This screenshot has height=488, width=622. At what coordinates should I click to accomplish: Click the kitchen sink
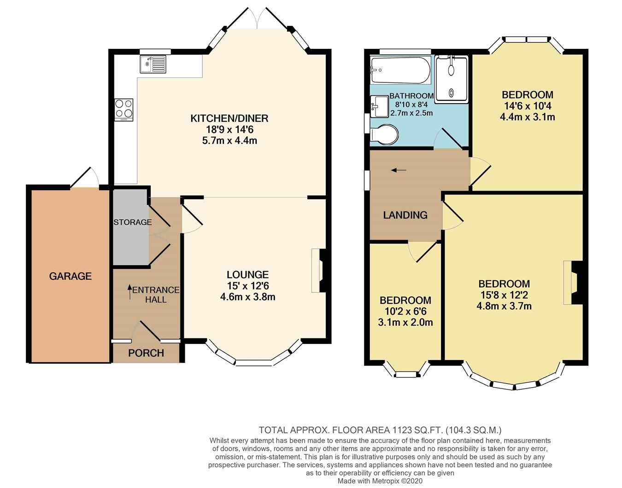pos(153,64)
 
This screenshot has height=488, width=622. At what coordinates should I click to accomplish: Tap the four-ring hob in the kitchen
pos(123,110)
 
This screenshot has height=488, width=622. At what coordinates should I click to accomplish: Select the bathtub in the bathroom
pos(400,70)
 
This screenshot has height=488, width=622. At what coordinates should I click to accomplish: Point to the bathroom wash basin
pos(379,106)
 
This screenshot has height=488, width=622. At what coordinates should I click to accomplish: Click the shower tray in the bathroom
pos(451,80)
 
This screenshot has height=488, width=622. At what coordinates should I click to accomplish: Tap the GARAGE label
pos(70,276)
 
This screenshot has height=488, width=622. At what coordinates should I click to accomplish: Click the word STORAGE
pos(133,222)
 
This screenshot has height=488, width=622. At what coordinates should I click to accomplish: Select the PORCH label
pos(146,353)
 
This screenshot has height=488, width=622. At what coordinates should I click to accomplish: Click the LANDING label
pos(405,215)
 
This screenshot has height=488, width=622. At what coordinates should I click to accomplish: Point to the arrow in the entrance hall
pos(130,292)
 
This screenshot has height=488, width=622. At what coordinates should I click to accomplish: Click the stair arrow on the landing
pos(399,170)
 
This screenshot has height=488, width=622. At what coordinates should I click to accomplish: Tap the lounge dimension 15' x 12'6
pos(248,285)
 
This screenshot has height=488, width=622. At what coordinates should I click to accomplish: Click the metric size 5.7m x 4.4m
pos(229,141)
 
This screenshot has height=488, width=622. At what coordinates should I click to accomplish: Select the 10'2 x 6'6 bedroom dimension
pos(405,311)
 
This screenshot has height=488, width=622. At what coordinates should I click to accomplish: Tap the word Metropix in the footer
pos(386,481)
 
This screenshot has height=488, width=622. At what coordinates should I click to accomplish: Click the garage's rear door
pos(85,178)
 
